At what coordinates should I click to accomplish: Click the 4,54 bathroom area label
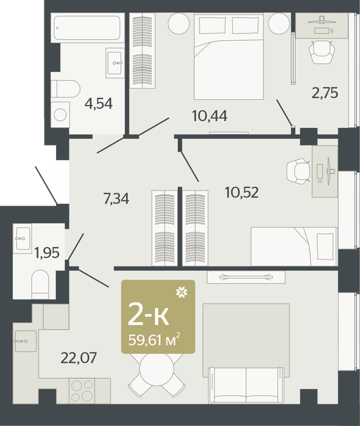[x=99, y=103]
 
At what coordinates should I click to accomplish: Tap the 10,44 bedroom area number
[x=210, y=116]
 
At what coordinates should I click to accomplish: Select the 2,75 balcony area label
[x=325, y=93]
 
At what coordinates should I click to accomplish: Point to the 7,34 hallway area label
[x=116, y=198]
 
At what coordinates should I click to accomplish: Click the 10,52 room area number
[x=242, y=192]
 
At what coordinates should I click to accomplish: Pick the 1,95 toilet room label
[x=47, y=253]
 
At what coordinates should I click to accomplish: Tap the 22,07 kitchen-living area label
[x=79, y=358]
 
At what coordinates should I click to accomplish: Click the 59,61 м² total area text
[x=154, y=340]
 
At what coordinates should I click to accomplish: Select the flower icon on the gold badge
[x=182, y=292]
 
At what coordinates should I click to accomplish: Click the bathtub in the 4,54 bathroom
[x=87, y=28]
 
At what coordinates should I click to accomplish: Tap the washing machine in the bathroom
[x=60, y=114]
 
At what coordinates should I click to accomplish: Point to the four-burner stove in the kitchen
[x=82, y=391]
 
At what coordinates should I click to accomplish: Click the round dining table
[x=157, y=369]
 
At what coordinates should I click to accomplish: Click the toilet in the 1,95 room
[x=40, y=284]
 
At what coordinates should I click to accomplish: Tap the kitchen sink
[x=26, y=341]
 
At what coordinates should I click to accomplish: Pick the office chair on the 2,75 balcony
[x=322, y=52]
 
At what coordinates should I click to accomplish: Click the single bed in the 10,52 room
[x=294, y=246]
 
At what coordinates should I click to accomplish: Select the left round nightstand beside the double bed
[x=178, y=24]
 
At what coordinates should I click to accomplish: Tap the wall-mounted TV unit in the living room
[x=246, y=277]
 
